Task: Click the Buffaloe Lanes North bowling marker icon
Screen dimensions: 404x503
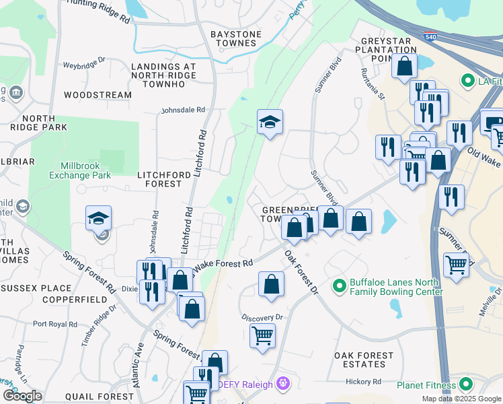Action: coord(340,285)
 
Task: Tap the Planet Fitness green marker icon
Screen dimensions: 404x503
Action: coord(464,385)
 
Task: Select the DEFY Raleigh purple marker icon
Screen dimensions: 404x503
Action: coord(283,384)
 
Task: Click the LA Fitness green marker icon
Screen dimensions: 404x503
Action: coord(467,81)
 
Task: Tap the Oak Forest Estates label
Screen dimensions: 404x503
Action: coord(364,360)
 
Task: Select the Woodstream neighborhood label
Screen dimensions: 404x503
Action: coord(98,95)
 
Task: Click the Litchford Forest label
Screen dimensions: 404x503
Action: coord(159,178)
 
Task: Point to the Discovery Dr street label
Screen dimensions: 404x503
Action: coord(263,316)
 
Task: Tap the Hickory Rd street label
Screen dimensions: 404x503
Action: coord(364,381)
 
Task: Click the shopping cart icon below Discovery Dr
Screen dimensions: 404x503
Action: coord(262,334)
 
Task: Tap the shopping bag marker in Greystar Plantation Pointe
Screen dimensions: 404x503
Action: coord(404,67)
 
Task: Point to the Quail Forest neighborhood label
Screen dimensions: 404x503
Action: coord(105,397)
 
